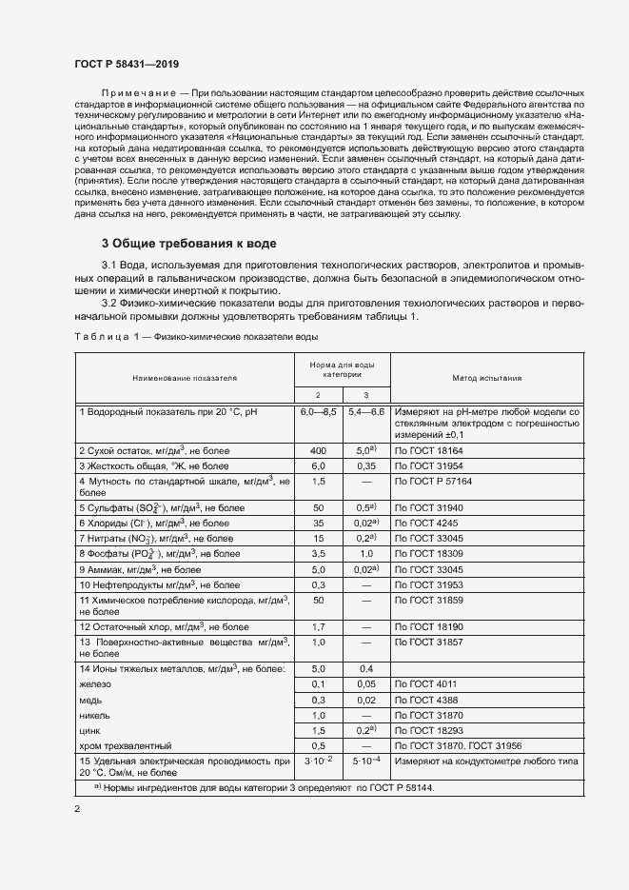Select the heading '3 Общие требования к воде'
pos(189,243)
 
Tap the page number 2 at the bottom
pos(77,809)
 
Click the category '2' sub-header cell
pos(318,394)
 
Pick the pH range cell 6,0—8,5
pos(318,411)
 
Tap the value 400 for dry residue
pos(318,449)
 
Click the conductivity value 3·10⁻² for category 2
pos(318,762)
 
